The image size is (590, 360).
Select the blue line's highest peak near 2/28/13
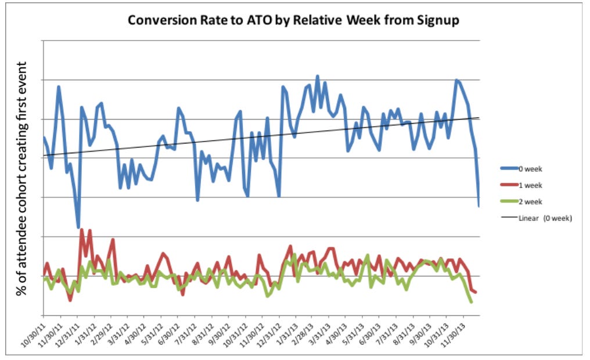click(317, 75)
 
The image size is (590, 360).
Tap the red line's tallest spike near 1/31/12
click(82, 229)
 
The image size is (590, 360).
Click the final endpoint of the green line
click(470, 303)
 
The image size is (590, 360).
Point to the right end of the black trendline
click(479, 118)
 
